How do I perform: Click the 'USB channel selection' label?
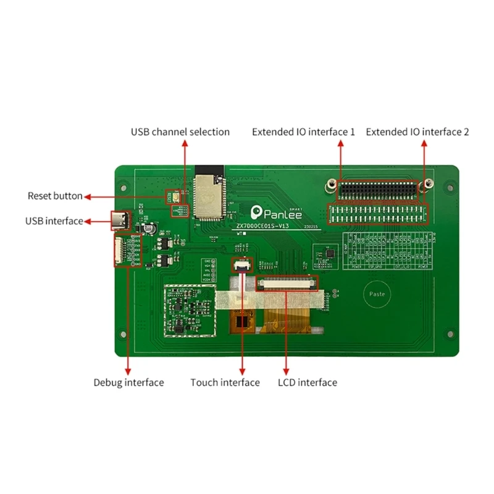pyautogui.click(x=180, y=132)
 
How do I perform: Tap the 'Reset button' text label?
pyautogui.click(x=55, y=196)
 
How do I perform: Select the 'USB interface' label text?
pyautogui.click(x=54, y=221)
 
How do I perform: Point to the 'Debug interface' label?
pyautogui.click(x=128, y=383)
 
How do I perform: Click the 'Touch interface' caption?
pyautogui.click(x=225, y=383)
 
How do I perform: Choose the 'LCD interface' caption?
pyautogui.click(x=308, y=383)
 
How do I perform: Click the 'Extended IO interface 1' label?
pyautogui.click(x=303, y=132)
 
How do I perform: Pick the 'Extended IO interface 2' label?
pyautogui.click(x=417, y=132)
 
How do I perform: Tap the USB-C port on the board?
pyautogui.click(x=120, y=220)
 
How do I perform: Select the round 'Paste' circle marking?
pyautogui.click(x=377, y=294)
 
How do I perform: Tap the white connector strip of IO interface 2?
pyautogui.click(x=377, y=214)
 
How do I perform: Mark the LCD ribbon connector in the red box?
pyautogui.click(x=288, y=283)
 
